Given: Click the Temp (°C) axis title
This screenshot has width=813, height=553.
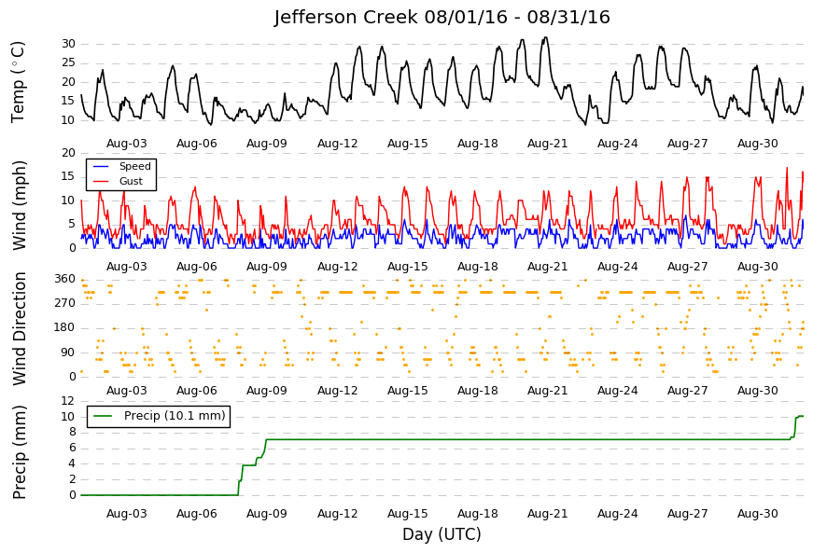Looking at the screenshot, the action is tap(18, 82).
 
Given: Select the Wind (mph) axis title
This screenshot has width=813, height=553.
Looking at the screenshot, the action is tap(19, 206).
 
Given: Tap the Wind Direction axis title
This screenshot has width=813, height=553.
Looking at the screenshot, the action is tap(20, 329).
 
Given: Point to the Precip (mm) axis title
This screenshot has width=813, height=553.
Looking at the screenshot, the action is tap(20, 452).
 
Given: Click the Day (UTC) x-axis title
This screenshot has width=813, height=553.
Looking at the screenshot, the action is tap(442, 533).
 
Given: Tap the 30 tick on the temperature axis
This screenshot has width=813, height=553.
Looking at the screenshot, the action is tap(68, 44).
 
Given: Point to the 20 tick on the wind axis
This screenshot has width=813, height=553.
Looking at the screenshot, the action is tap(68, 153).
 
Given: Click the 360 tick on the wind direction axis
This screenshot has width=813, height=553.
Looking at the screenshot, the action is tap(64, 279).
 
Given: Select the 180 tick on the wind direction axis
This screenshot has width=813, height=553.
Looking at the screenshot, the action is tap(64, 327).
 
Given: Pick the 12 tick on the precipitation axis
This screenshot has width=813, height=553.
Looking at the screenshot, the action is tap(68, 401).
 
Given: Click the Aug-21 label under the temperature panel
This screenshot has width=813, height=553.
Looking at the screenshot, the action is tap(548, 144).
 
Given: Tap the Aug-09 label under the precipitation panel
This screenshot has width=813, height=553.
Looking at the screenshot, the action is tap(267, 514).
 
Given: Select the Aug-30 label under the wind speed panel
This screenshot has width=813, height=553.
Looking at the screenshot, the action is tap(758, 267).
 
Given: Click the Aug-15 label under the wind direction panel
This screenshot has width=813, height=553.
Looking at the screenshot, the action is tap(408, 391).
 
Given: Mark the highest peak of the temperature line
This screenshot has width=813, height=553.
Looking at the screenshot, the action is tap(545, 37).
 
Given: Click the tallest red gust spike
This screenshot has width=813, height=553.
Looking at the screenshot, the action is tap(787, 168).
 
